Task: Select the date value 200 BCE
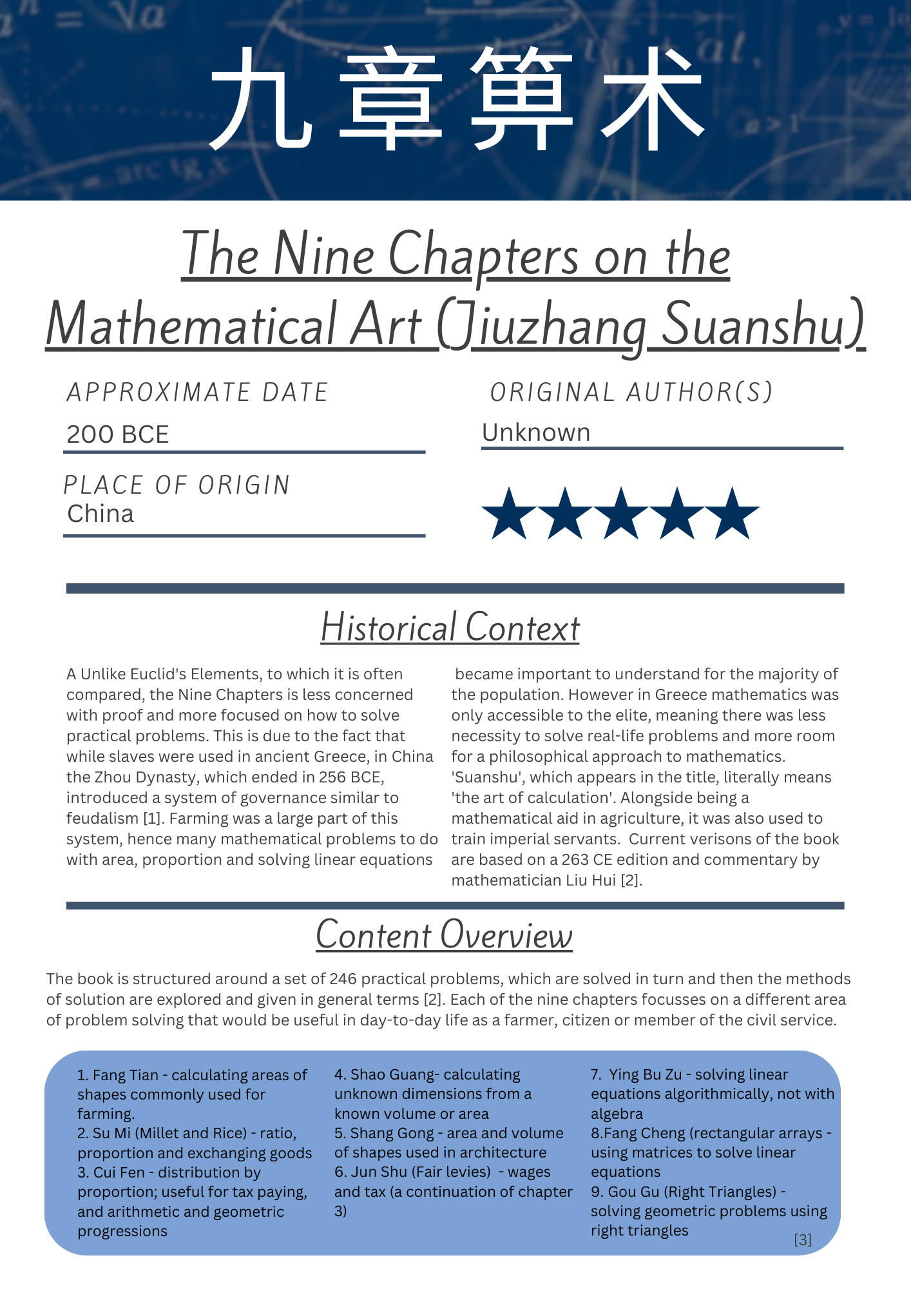118,434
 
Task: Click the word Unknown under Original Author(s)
536,432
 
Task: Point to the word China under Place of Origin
101,514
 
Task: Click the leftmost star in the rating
509,514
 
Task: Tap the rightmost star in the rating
733,514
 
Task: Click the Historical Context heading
450,628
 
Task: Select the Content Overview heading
444,935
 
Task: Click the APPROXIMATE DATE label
198,393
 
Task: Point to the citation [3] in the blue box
803,1239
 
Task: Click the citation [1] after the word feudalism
150,819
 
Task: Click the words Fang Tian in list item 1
126,1075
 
